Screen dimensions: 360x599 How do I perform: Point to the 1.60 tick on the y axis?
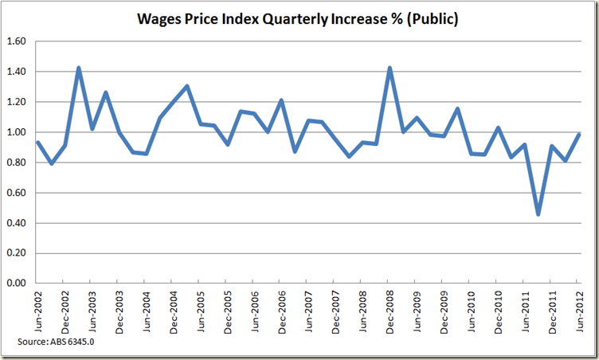point(17,41)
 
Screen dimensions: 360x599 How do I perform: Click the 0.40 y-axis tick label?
point(17,223)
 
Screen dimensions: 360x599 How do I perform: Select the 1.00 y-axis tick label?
point(17,132)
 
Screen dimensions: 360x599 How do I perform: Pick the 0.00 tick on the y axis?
point(17,284)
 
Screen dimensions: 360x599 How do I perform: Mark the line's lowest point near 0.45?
point(538,214)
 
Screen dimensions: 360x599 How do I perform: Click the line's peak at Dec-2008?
point(389,68)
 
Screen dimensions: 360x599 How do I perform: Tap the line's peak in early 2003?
point(78,68)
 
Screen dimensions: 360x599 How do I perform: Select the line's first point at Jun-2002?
point(37,143)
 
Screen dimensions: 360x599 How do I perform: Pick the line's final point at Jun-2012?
point(577,135)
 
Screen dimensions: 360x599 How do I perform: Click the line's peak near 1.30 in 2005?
point(186,86)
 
